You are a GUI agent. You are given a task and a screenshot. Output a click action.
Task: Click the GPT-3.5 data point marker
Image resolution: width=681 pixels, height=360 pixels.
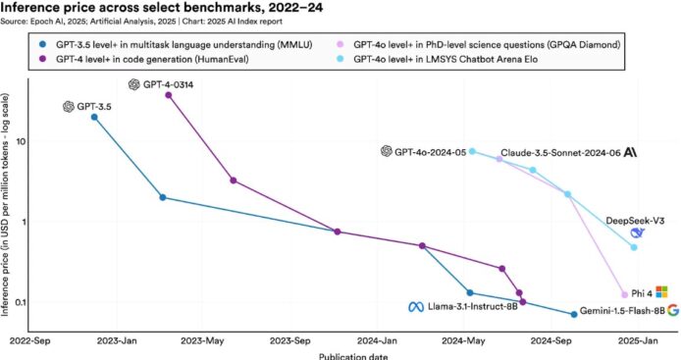94,118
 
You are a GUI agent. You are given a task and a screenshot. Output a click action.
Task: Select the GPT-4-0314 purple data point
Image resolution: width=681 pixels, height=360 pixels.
169,95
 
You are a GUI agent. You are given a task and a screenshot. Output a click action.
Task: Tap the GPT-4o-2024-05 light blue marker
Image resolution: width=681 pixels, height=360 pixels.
473,152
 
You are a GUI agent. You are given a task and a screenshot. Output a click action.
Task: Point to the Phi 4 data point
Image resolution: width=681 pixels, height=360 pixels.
624,294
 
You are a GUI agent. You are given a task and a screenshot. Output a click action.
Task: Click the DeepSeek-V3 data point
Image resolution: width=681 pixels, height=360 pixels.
634,247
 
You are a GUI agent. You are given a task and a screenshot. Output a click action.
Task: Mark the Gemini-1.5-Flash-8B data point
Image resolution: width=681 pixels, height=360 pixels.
574,314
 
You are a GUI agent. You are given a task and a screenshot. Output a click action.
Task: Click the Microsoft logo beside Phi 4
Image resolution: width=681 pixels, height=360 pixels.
661,291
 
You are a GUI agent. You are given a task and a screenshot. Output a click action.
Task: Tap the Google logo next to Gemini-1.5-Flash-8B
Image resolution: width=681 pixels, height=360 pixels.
673,310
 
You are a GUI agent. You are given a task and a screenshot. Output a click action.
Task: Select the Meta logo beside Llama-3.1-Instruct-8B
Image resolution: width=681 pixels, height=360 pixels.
416,307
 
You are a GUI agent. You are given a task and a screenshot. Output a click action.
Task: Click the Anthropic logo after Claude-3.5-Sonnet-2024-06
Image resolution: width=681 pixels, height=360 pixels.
630,152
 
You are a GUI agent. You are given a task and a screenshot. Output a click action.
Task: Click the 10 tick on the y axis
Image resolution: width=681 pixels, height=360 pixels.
20,141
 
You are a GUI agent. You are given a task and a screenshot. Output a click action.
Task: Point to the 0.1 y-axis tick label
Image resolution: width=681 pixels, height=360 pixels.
19,302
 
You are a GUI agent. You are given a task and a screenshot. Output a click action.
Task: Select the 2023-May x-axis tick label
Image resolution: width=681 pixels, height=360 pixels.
202,341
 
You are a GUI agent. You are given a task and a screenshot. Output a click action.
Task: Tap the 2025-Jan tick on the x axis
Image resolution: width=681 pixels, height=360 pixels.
638,341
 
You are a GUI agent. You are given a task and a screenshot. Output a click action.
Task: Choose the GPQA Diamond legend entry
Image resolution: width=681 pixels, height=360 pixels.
479,44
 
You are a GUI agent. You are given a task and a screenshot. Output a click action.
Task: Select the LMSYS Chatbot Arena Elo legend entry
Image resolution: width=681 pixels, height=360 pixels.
438,59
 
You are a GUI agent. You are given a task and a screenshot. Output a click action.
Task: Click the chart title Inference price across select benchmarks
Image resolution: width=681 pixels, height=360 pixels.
162,8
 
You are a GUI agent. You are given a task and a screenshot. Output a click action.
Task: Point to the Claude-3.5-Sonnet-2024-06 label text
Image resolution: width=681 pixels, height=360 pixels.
560,153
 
